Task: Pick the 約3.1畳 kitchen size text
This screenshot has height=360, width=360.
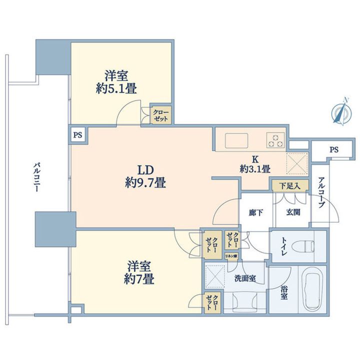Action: (x=255, y=169)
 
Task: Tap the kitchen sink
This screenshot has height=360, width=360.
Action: (x=234, y=139)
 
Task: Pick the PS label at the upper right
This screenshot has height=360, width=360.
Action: (x=333, y=149)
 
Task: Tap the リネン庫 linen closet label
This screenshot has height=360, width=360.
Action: (x=231, y=256)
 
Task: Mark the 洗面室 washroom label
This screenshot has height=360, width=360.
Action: (x=246, y=278)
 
